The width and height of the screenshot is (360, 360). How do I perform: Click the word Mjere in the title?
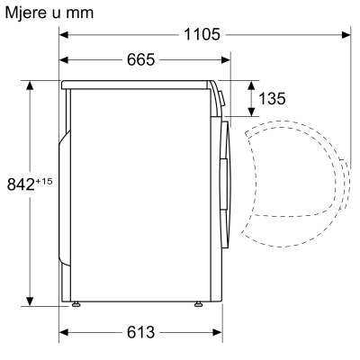[28, 13]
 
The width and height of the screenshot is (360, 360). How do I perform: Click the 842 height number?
[20, 184]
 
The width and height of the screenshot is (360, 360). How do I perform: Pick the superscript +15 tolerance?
[44, 181]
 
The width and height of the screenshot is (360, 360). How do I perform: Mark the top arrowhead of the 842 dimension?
[31, 85]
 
